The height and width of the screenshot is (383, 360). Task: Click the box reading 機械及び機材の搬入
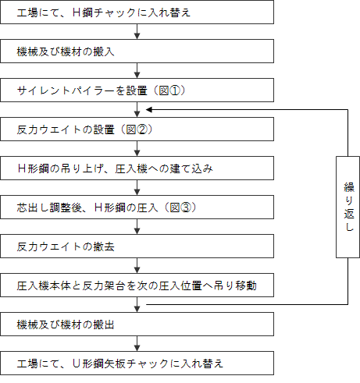click(137, 51)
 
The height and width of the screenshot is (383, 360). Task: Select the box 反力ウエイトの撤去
click(137, 246)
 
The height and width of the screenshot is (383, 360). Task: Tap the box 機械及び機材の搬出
click(137, 324)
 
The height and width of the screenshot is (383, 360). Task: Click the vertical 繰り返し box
click(348, 207)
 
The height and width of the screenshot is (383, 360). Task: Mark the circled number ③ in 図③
click(186, 207)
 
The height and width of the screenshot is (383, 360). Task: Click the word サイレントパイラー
click(66, 90)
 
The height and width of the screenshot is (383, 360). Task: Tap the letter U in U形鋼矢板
click(77, 363)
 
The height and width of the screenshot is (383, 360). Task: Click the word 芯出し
click(33, 207)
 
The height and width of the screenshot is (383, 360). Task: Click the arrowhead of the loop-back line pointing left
click(149, 110)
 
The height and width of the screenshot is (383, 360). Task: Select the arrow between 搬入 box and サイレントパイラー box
click(137, 70)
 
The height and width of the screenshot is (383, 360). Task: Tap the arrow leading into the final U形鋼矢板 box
click(137, 343)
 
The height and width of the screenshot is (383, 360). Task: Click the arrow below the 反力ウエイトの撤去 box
click(137, 265)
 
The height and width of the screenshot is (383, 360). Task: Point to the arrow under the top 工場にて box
click(137, 31)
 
